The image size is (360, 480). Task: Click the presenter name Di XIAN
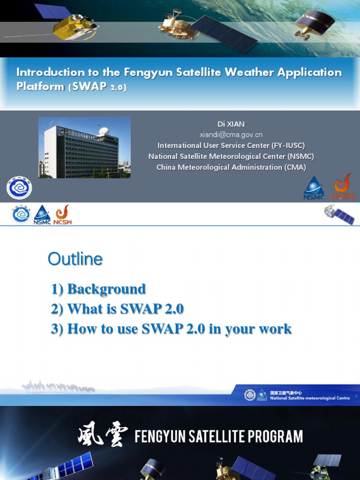231,124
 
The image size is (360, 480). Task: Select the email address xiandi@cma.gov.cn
231,135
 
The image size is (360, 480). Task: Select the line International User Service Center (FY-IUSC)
231,145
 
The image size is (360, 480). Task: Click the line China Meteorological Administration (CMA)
231,167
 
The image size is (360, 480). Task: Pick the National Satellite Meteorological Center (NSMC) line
231,156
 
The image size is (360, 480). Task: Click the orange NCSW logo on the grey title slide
343,187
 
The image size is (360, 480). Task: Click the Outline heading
75,259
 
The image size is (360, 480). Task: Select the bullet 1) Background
98,289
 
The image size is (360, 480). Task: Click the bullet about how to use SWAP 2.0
171,329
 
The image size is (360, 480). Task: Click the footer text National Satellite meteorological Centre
309,398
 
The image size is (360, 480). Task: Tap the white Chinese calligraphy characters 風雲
102,437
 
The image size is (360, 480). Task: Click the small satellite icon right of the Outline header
339,214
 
